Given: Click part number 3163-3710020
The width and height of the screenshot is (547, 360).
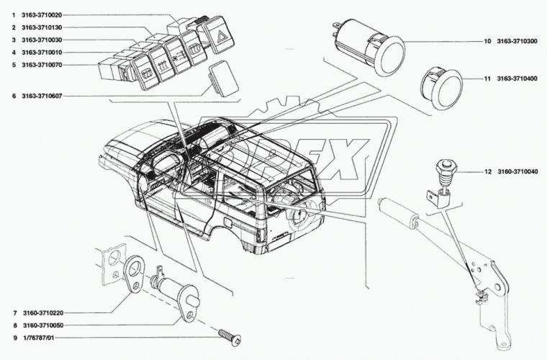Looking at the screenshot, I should point(42,15).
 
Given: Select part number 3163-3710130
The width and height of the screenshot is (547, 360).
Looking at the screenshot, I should point(42,27).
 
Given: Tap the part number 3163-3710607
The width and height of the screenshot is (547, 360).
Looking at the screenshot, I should point(42,95).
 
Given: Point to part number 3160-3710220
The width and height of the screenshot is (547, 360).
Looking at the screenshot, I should point(42,313).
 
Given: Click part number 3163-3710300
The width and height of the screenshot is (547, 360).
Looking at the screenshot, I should point(517,42).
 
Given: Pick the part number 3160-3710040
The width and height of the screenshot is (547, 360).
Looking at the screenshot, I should point(517,172).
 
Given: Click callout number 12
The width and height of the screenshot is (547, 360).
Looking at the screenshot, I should point(487,172).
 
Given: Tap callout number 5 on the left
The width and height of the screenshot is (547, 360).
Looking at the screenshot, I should point(13,65).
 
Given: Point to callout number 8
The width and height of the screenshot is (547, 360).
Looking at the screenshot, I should point(13,325).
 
